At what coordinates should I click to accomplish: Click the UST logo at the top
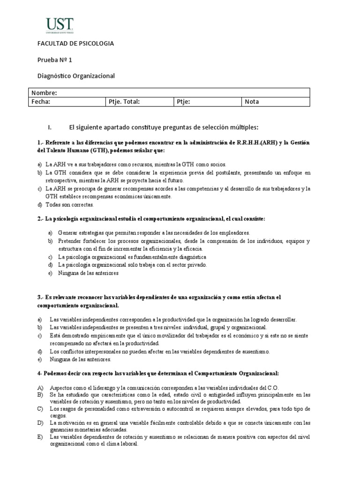tap(59, 25)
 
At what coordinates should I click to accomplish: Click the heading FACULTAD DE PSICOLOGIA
tap(75, 44)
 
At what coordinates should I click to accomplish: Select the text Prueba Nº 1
tap(55, 60)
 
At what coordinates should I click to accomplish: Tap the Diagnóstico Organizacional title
tap(76, 75)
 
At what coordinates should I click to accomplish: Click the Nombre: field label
tap(44, 93)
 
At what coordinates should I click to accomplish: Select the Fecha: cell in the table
tap(41, 102)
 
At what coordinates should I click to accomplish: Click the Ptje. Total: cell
tap(124, 102)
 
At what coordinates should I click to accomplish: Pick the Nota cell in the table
tap(252, 102)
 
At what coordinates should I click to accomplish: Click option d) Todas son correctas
tap(69, 205)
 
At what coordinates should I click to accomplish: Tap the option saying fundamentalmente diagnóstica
tap(132, 257)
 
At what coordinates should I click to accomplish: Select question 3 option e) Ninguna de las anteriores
tap(80, 360)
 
